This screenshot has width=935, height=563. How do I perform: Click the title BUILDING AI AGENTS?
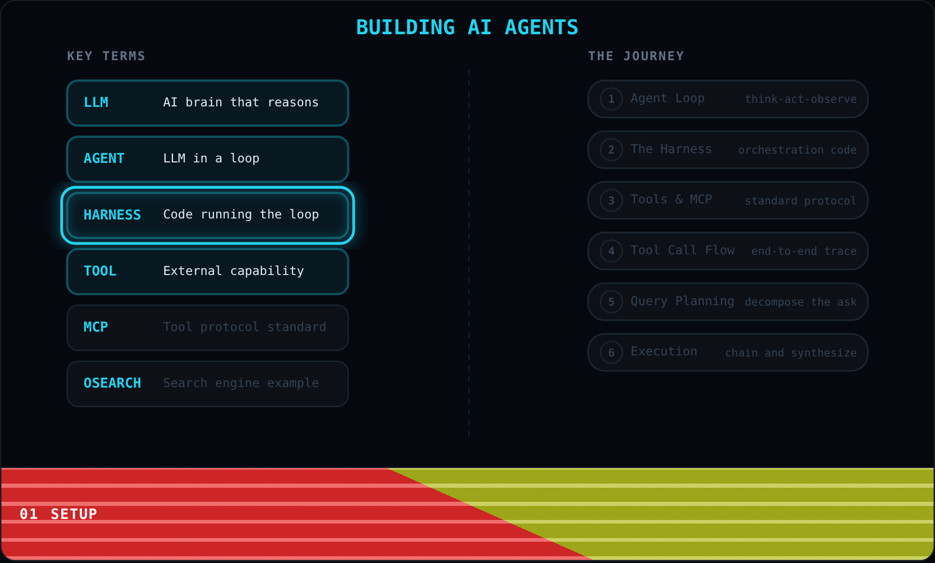[467, 27]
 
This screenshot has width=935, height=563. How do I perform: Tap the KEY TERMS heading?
[106, 56]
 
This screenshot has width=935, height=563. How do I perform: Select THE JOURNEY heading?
[636, 56]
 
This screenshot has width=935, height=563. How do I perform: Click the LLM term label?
[96, 102]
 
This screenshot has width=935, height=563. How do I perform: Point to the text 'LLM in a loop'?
[211, 158]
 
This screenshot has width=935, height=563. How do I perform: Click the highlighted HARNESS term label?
[112, 215]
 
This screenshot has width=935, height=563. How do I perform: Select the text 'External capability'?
[233, 271]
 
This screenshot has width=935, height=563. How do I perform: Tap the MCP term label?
[96, 327]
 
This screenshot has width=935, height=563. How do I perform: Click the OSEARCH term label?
[112, 383]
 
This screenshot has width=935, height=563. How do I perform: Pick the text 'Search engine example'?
[241, 383]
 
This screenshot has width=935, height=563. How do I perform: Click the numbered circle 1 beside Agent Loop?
[611, 99]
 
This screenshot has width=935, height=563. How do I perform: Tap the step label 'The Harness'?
[671, 149]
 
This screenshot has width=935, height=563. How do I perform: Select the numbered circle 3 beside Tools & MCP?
[611, 200]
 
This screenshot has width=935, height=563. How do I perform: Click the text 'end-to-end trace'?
[804, 251]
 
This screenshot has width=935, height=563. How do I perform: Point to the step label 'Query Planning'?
[683, 301]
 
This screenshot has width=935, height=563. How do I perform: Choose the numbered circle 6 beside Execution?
[611, 353]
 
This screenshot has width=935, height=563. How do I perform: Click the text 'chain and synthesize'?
[791, 353]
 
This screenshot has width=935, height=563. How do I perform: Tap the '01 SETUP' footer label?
[58, 514]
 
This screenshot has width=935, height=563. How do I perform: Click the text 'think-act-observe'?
[801, 99]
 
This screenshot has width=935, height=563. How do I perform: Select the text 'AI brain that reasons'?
[241, 102]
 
